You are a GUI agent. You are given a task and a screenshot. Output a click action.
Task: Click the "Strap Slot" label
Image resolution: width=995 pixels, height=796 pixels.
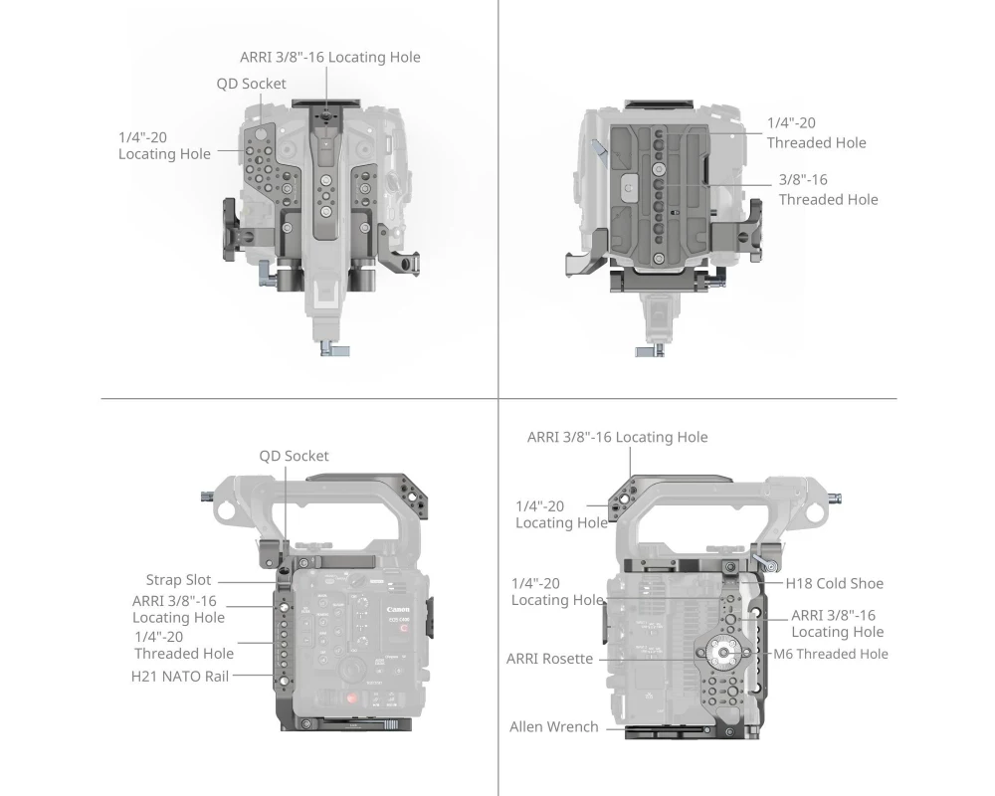point(178,579)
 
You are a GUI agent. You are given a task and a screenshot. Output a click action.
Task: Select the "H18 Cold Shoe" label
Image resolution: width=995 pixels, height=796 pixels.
point(834,583)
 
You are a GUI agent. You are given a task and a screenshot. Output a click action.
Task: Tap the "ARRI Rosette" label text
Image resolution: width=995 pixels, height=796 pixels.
point(549,659)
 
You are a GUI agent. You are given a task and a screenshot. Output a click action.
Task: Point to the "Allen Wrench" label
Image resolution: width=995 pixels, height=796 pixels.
point(554,726)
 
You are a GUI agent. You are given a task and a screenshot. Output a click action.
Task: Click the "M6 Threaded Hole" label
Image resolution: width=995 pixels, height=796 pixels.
point(831,654)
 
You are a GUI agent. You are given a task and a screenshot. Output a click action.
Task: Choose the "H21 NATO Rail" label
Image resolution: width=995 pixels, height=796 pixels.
point(179,677)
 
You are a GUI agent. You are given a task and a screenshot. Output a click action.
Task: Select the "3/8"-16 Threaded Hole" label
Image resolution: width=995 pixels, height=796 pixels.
point(828,189)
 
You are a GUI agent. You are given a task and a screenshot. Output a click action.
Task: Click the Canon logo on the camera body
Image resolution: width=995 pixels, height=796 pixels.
point(399,610)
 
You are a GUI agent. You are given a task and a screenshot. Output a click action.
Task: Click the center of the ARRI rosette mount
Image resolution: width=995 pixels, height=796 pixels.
point(724,652)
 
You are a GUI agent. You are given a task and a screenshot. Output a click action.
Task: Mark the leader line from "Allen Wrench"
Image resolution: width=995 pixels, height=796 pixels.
point(655,728)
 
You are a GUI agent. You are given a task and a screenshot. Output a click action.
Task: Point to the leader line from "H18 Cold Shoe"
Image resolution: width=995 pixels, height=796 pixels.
point(760,582)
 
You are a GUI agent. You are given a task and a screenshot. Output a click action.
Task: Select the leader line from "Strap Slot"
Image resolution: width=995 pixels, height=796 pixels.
point(248,582)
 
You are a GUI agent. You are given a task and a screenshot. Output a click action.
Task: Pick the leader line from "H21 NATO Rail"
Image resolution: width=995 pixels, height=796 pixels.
point(253,676)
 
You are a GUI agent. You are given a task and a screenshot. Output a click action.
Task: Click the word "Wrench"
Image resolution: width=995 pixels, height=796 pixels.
point(574,726)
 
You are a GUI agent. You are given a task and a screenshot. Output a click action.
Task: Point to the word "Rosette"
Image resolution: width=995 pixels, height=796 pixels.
point(568,659)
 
